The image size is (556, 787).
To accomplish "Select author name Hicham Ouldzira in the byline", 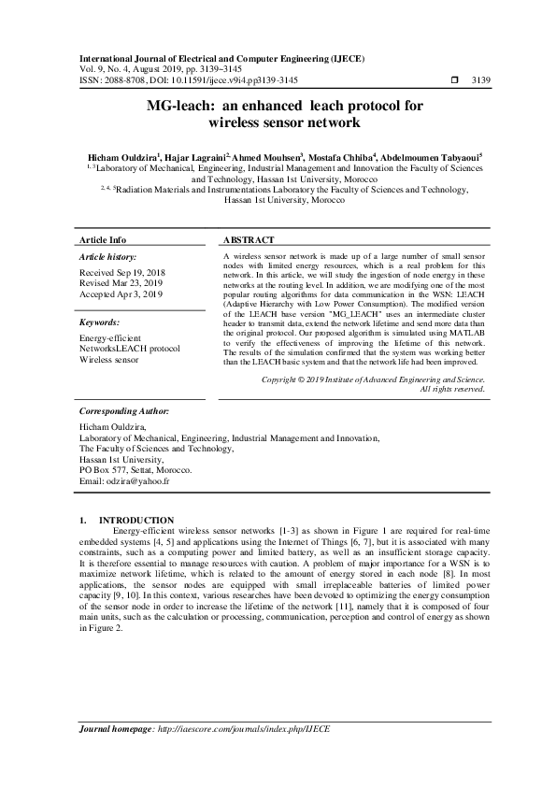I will point(120,156).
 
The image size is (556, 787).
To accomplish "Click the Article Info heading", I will point(103,239).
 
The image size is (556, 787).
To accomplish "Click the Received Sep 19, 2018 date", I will point(121,273).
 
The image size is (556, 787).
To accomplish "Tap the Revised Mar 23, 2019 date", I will point(121,283).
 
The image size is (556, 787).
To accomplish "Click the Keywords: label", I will point(105,322).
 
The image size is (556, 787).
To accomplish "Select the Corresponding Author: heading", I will point(123,409).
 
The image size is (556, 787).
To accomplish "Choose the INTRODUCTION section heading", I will point(136,520).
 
